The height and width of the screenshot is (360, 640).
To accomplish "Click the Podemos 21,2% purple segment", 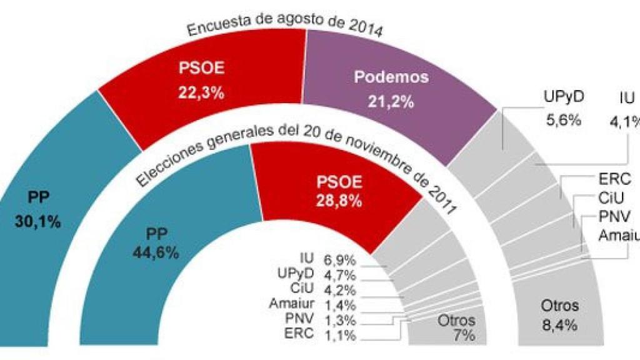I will tap(387, 87).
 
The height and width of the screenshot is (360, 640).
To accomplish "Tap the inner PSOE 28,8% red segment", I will tap(337, 188).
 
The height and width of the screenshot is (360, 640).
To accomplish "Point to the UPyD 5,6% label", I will tap(562, 107).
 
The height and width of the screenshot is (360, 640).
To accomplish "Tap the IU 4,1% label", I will tap(627, 107).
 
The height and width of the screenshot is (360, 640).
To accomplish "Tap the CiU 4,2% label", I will tap(322, 289).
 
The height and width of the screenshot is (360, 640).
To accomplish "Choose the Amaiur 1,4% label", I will tap(312, 305).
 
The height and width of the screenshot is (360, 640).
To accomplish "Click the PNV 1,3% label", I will tap(319, 320).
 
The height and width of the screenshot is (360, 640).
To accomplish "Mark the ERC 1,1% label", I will tap(319, 335).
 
